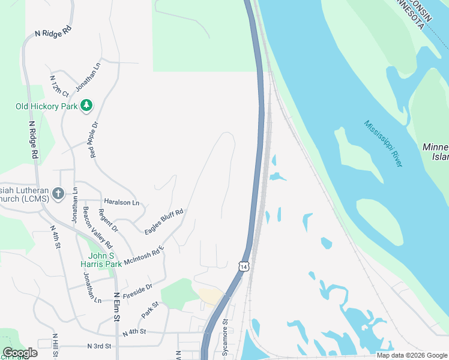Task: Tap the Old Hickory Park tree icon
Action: pyautogui.click(x=87, y=106)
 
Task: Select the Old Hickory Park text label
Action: pyautogui.click(x=47, y=107)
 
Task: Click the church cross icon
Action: pyautogui.click(x=58, y=193)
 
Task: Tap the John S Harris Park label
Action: pyautogui.click(x=101, y=259)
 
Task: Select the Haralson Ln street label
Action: pyautogui.click(x=121, y=202)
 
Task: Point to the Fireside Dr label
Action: pyautogui.click(x=137, y=290)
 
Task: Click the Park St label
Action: pyautogui.click(x=149, y=310)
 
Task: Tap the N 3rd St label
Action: pyautogui.click(x=100, y=346)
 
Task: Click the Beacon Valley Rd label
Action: pyautogui.click(x=97, y=228)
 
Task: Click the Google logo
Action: pyautogui.click(x=20, y=353)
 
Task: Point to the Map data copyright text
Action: pyautogui.click(x=411, y=355)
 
